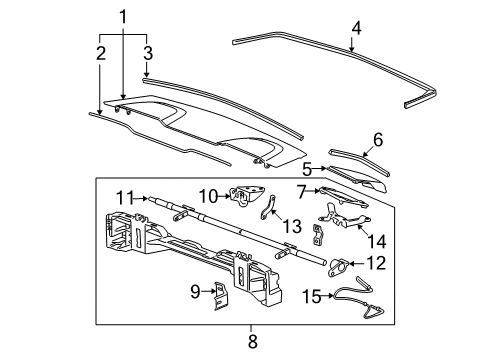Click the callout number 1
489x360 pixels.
point(123,16)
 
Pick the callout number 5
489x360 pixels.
point(309,170)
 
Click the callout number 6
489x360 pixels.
point(377,140)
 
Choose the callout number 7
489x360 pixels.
point(300,191)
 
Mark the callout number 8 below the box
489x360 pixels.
point(252,343)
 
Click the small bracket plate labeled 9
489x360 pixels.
point(215,293)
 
